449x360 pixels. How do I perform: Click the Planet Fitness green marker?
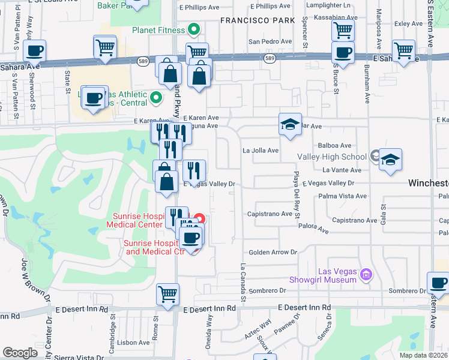pyautogui.click(x=193, y=29)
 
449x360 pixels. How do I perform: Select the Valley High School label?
pyautogui.click(x=332, y=157)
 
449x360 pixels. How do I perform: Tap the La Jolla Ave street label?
pyautogui.click(x=261, y=151)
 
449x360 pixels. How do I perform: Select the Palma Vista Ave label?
pyautogui.click(x=343, y=196)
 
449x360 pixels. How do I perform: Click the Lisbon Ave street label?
pyautogui.click(x=135, y=343)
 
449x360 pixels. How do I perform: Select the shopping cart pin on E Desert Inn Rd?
pyautogui.click(x=168, y=294)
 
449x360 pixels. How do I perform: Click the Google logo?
pyautogui.click(x=20, y=353)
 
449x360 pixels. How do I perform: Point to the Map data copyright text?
pyautogui.click(x=424, y=355)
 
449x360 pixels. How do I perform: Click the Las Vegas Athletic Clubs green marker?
pyautogui.click(x=155, y=96)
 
